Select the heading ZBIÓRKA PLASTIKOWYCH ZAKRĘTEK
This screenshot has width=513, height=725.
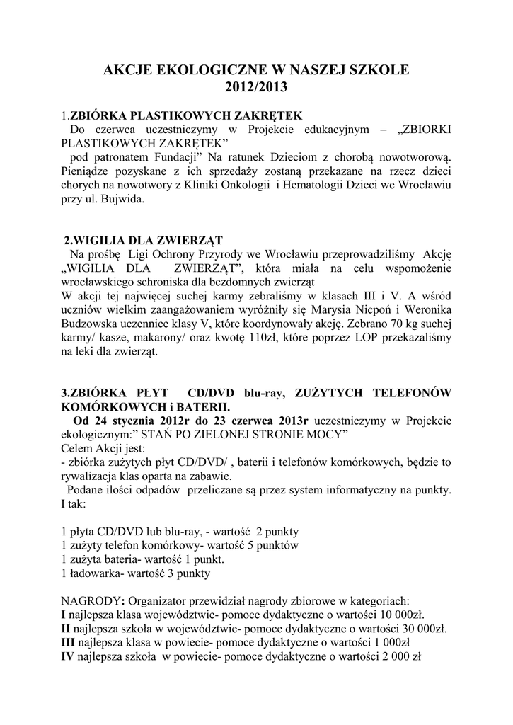pos(186,115)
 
